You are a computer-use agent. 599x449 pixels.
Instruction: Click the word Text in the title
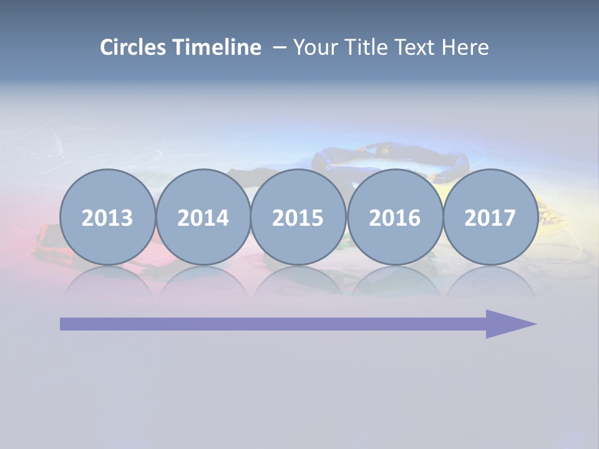(418, 47)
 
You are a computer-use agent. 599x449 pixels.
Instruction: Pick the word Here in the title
(465, 47)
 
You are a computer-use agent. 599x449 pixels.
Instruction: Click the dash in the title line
(280, 48)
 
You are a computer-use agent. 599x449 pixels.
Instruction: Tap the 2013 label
(107, 218)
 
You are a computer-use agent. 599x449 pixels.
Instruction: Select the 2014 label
(203, 218)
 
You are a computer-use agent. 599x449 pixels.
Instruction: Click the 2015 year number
(298, 218)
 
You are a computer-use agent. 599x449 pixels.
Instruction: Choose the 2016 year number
(394, 218)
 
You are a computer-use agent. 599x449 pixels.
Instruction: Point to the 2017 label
(490, 218)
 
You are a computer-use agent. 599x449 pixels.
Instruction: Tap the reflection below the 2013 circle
(107, 282)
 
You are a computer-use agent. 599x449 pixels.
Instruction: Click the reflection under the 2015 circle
(298, 282)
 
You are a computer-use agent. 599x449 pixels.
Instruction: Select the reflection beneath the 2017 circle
(490, 282)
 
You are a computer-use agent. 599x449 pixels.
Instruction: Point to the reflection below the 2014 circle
(203, 282)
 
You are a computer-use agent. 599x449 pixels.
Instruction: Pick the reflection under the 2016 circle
(394, 282)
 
